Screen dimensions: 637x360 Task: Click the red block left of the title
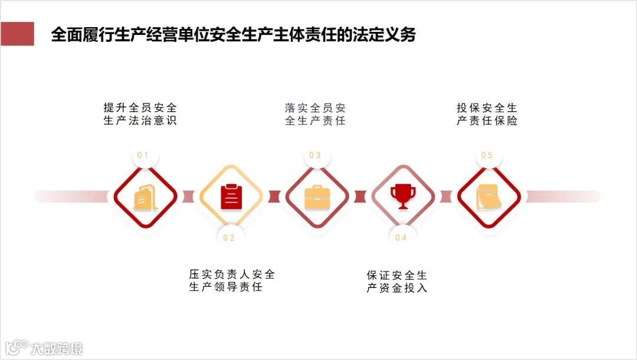click(17, 34)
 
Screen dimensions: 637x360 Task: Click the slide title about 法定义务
click(234, 34)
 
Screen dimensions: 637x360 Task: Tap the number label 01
click(143, 155)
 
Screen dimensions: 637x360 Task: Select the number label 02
click(229, 238)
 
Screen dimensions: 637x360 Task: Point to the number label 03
click(315, 155)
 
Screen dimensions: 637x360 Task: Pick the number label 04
click(401, 238)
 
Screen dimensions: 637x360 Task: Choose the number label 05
click(487, 155)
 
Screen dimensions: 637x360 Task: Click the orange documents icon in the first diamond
click(145, 197)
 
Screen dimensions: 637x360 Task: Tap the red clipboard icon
click(231, 197)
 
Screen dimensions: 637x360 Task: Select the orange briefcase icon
click(317, 197)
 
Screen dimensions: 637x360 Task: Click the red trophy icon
click(403, 197)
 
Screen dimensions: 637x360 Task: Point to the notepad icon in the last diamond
click(489, 197)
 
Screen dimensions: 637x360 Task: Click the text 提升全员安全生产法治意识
click(140, 114)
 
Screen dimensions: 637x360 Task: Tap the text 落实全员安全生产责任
click(315, 114)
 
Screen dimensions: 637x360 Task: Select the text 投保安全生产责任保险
click(487, 114)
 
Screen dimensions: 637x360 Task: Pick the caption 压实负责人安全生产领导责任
click(232, 280)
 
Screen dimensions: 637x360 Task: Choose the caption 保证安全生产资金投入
click(396, 282)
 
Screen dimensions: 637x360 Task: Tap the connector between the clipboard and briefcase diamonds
click(274, 197)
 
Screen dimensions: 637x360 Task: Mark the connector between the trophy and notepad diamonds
click(446, 197)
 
